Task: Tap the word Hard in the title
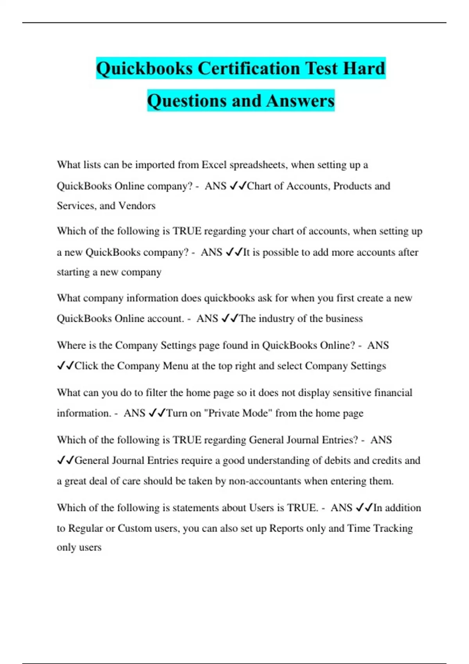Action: [364, 68]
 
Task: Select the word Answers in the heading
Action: [301, 101]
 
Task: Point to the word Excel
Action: [214, 165]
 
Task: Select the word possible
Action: [286, 252]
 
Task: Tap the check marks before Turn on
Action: [158, 413]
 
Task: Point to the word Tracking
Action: [393, 528]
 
